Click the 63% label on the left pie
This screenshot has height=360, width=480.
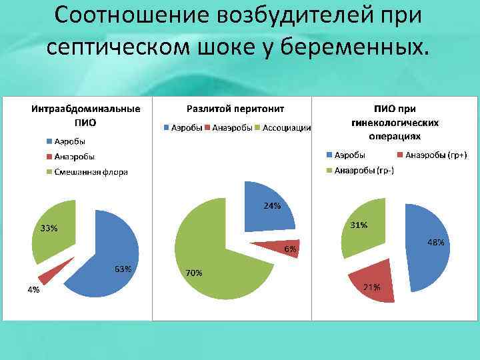(x=123, y=269)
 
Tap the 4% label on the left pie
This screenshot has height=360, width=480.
(x=33, y=290)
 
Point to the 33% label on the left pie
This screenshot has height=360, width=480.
(x=49, y=229)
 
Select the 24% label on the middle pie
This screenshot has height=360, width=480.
(x=272, y=205)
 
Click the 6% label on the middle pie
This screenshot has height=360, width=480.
(x=290, y=249)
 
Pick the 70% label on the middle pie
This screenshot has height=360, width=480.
(x=194, y=273)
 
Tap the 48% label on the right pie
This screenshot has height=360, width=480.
(x=435, y=243)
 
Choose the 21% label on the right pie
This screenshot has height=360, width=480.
(x=372, y=287)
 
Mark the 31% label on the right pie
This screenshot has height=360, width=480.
(x=359, y=225)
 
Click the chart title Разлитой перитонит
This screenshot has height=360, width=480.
(x=235, y=108)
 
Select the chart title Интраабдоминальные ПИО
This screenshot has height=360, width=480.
(x=86, y=115)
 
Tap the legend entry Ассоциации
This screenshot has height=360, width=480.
(x=287, y=127)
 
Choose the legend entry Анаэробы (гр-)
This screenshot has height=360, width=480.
(x=364, y=170)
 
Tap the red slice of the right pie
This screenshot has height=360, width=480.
(x=372, y=283)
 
